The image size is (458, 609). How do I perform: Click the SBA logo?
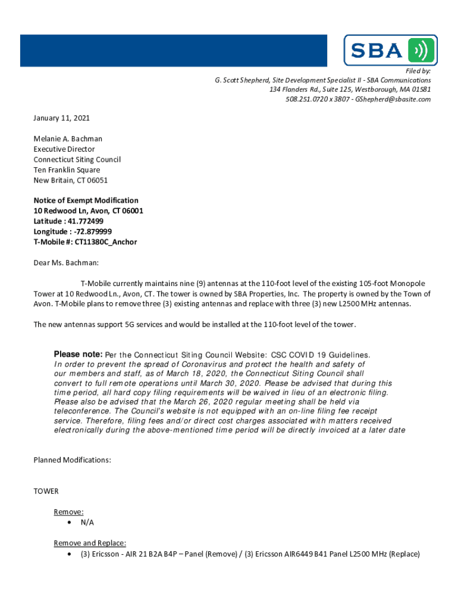tap(390, 50)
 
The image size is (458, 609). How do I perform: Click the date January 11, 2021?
tap(61, 118)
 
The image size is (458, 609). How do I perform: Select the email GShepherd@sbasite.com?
tap(393, 99)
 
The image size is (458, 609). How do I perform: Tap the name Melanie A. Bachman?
tap(68, 139)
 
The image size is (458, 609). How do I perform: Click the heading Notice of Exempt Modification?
tap(86, 200)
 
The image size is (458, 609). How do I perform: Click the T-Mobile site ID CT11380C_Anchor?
tap(105, 242)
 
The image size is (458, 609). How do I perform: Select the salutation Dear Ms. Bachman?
tap(66, 262)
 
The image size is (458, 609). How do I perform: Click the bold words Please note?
tap(78, 354)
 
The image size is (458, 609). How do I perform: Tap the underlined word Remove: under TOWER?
tap(68, 511)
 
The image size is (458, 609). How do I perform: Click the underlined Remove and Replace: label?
tap(90, 543)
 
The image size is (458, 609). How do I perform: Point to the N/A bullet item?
tap(87, 522)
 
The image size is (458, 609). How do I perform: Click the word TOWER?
tap(46, 491)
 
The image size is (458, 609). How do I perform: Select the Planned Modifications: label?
tap(72, 460)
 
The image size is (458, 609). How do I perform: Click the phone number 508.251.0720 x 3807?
tap(318, 99)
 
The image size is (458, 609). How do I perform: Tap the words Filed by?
tap(418, 71)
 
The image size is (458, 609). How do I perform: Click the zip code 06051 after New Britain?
tap(97, 180)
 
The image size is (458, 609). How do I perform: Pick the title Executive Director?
tap(64, 149)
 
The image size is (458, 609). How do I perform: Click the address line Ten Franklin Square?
tap(67, 170)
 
